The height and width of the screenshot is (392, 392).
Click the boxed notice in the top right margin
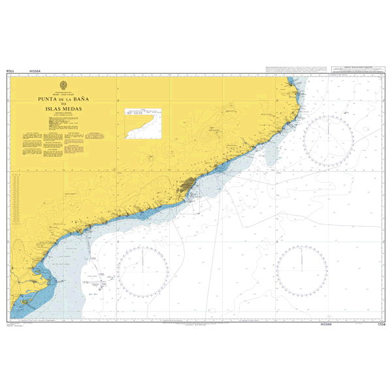coord(358,69)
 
